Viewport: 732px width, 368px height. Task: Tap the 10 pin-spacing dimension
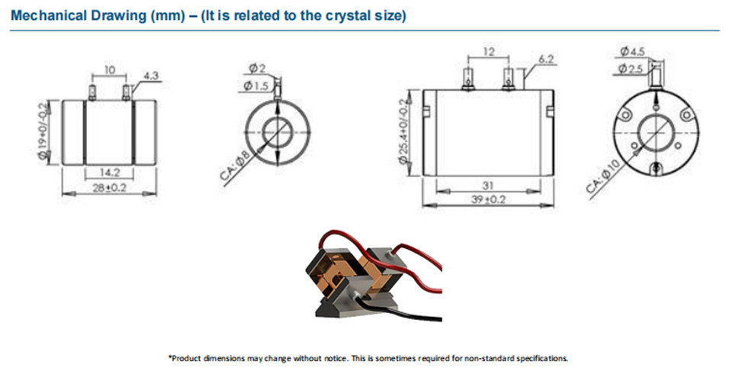click(x=109, y=69)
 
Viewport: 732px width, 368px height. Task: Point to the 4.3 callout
click(x=152, y=76)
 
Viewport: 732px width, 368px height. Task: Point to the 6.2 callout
click(x=546, y=59)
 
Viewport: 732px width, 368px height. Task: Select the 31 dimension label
click(x=488, y=186)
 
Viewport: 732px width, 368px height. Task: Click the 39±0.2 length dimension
click(x=488, y=200)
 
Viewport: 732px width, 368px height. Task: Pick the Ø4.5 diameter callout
click(x=633, y=52)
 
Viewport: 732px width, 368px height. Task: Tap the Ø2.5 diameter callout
click(x=631, y=69)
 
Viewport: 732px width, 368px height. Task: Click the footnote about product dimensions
click(x=368, y=357)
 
